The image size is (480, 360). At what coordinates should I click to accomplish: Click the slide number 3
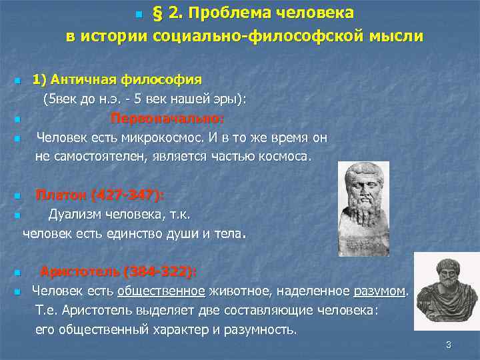tap(449, 344)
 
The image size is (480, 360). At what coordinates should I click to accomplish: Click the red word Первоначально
tap(167, 119)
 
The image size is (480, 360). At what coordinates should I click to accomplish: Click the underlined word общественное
tap(161, 291)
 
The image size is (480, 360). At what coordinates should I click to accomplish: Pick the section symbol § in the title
tap(159, 13)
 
